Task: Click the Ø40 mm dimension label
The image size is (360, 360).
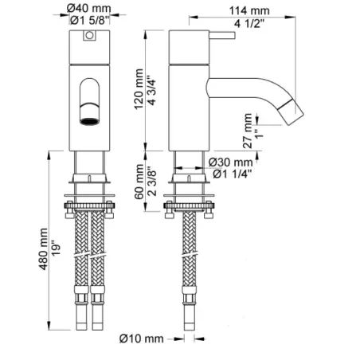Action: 88,8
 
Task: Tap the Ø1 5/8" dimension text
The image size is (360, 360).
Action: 90,20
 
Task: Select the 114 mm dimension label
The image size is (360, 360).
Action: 249,11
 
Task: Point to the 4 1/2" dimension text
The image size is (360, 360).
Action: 249,23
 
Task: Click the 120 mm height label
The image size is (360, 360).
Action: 139,89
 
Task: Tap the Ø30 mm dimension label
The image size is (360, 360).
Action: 230,162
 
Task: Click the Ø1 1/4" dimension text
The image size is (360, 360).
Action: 233,174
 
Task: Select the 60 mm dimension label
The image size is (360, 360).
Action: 139,182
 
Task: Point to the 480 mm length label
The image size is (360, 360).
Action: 44,249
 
